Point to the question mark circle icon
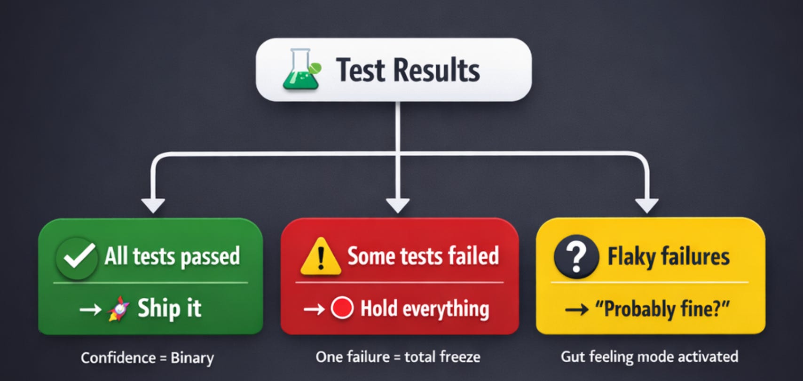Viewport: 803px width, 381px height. click(x=576, y=257)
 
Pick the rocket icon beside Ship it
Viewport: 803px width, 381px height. click(x=119, y=309)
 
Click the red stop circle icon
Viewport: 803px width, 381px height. click(x=342, y=309)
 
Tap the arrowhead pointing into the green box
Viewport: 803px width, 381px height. click(x=153, y=205)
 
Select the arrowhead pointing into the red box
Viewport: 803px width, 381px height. click(x=398, y=205)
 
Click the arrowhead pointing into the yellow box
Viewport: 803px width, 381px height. click(x=647, y=205)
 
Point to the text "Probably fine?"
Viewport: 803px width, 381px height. click(x=662, y=309)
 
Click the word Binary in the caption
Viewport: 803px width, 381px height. click(x=192, y=358)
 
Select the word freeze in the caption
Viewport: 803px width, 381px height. click(x=460, y=357)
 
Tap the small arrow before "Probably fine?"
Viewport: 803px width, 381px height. click(x=576, y=309)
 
